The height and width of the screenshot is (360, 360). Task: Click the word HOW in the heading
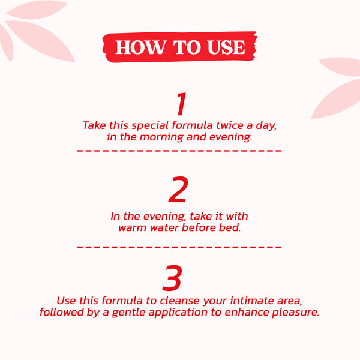[141, 47]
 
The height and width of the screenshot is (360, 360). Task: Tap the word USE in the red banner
[226, 47]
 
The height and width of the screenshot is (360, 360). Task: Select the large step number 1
[182, 104]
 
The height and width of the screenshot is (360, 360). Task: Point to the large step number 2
[178, 190]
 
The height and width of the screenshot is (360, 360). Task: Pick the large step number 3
[172, 278]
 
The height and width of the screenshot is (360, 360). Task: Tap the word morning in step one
[162, 137]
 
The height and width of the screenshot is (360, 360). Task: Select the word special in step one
[150, 126]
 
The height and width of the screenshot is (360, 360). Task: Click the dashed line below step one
[179, 151]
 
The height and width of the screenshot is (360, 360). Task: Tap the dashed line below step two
[179, 247]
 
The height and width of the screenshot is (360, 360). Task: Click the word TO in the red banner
[187, 47]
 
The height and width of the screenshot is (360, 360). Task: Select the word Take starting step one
[94, 125]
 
